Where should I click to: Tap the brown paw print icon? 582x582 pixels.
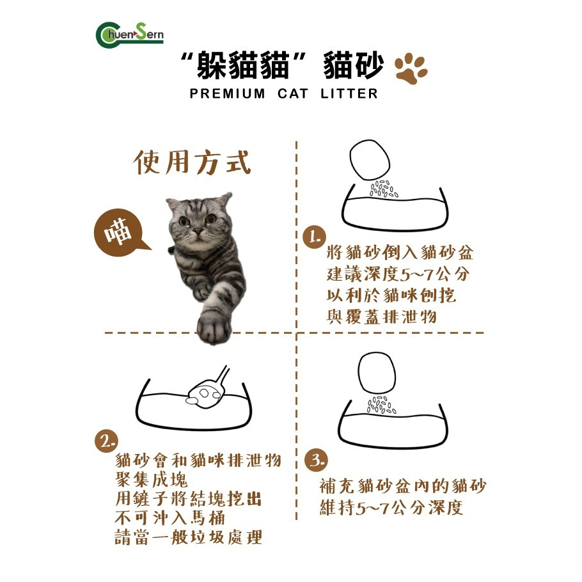(411, 68)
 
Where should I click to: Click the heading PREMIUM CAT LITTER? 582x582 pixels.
(284, 94)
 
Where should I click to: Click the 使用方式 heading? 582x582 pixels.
(192, 162)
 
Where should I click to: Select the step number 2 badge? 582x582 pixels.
(107, 441)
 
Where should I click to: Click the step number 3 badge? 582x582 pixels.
(317, 459)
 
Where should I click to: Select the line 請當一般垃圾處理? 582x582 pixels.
(189, 537)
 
